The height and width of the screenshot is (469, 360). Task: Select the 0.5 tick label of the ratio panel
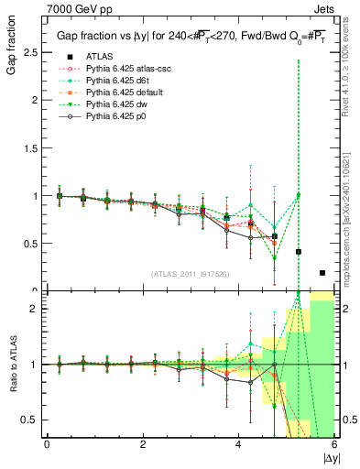(x=27, y=420)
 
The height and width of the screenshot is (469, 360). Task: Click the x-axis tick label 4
(x=238, y=444)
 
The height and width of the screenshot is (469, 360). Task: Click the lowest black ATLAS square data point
(x=322, y=272)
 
